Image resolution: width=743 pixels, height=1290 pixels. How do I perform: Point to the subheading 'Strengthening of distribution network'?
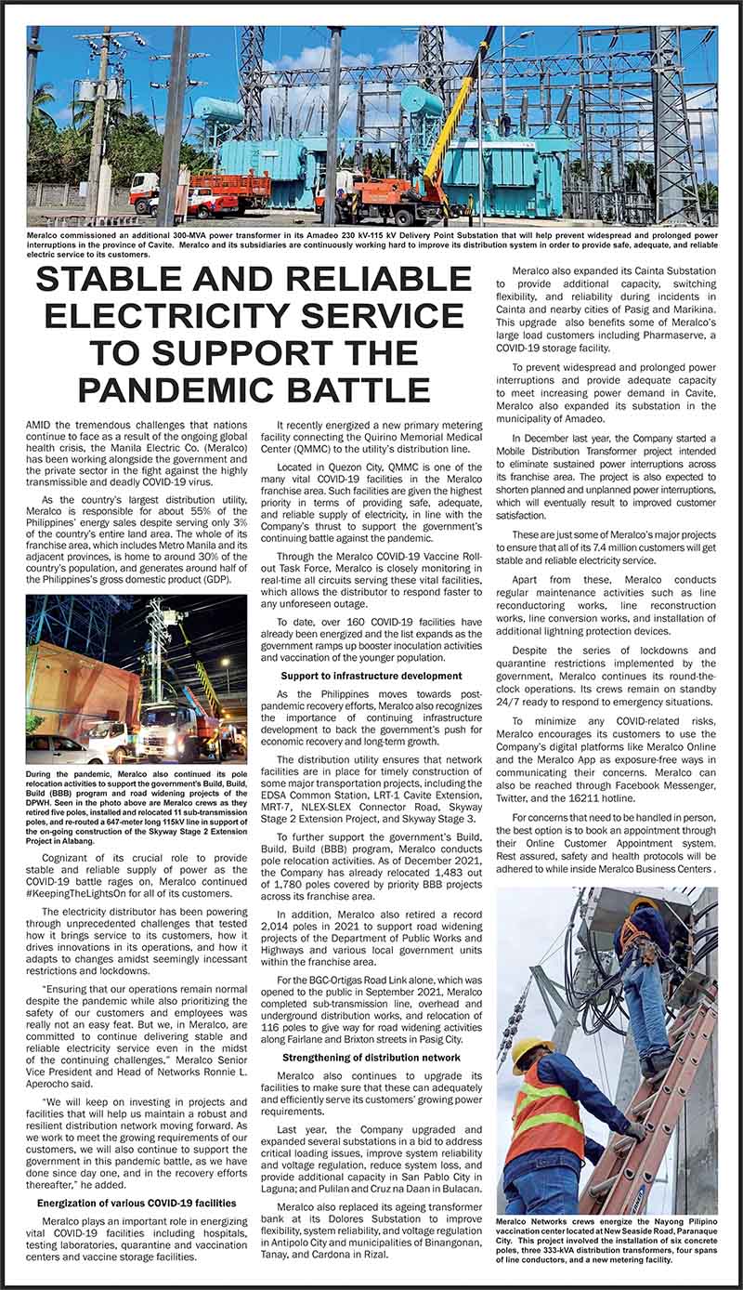(371, 1057)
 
